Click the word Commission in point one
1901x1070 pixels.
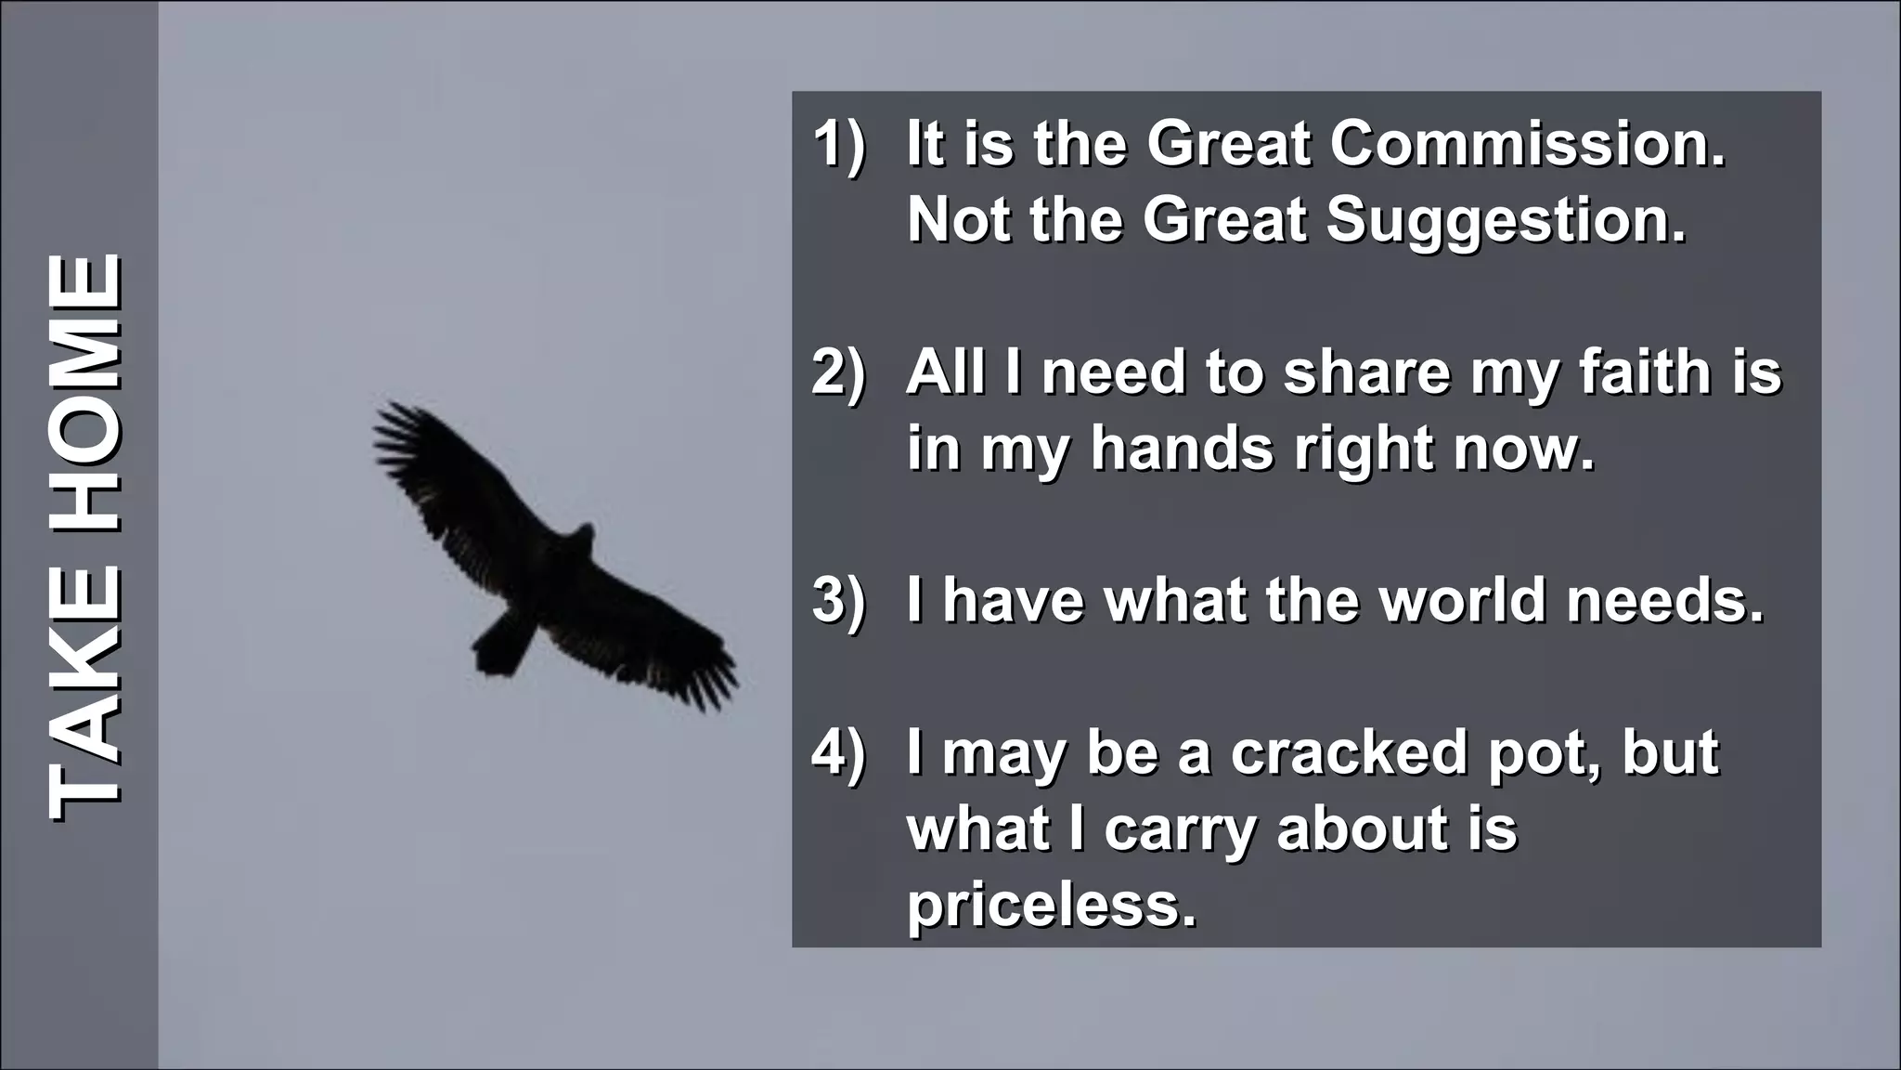pos(1527,145)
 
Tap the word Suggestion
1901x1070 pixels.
pos(1505,220)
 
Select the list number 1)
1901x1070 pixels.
pos(838,145)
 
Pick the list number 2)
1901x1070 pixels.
pos(838,373)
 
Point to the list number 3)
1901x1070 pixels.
pos(838,601)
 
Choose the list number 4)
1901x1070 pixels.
pos(838,752)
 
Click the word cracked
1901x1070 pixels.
pos(1349,752)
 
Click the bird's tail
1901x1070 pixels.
pos(502,645)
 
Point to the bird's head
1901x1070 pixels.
pos(583,536)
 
